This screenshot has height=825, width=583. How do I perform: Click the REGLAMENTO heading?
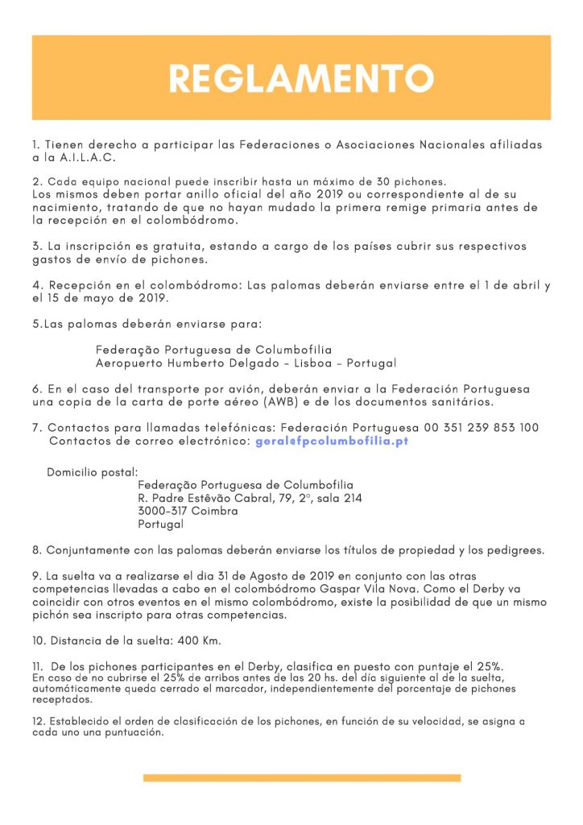pyautogui.click(x=300, y=78)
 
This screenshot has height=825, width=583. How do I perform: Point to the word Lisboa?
pyautogui.click(x=311, y=363)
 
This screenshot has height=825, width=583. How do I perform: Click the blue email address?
pyautogui.click(x=332, y=442)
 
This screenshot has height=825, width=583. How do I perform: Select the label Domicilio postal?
pyautogui.click(x=93, y=471)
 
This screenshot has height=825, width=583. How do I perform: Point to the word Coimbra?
pyautogui.click(x=215, y=511)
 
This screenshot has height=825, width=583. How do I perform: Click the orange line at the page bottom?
pyautogui.click(x=302, y=777)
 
